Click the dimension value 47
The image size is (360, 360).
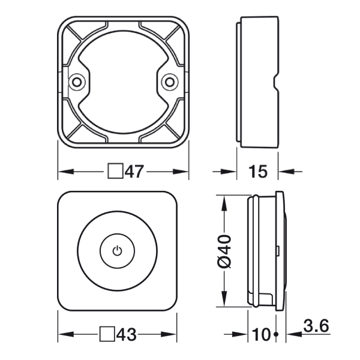click(x=134, y=171)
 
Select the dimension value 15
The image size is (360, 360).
click(x=258, y=171)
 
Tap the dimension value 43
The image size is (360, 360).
click(x=127, y=334)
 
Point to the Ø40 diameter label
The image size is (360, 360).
click(x=224, y=251)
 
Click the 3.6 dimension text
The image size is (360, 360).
click(x=316, y=326)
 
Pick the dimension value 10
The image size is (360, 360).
click(x=262, y=334)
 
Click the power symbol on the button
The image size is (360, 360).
click(x=118, y=251)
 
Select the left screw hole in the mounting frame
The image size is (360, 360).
click(x=77, y=82)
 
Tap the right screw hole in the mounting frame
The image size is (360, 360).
click(x=170, y=82)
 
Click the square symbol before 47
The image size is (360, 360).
click(x=115, y=171)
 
